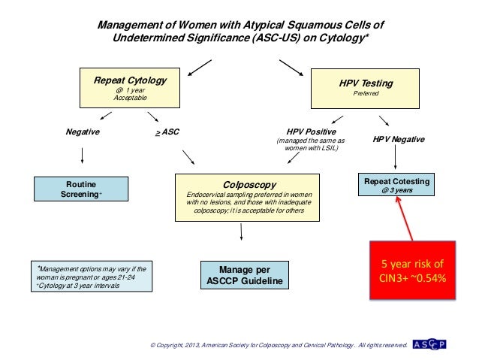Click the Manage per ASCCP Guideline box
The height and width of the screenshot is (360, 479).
(243, 275)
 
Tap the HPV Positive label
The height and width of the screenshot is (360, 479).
(311, 131)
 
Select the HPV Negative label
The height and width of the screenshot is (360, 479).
(399, 140)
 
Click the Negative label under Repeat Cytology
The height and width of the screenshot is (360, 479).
(83, 131)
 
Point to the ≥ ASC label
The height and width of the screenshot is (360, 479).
(167, 132)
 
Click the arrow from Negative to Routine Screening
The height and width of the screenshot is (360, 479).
(82, 156)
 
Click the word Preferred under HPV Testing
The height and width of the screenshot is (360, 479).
(367, 94)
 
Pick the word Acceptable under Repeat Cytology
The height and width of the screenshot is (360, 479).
(130, 98)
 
